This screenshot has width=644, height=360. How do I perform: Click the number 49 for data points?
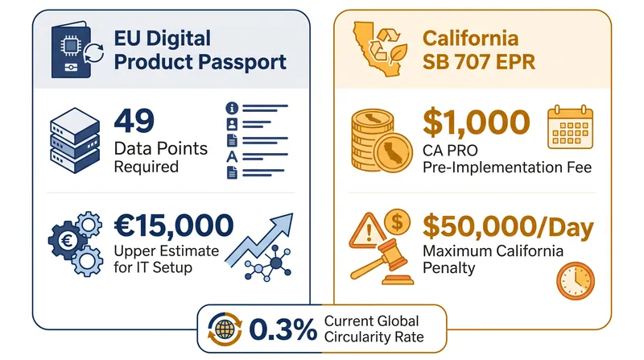134,121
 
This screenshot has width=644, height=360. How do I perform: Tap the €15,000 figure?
174,226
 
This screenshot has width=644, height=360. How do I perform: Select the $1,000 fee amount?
476,123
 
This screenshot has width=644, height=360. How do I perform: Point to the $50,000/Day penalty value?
508,226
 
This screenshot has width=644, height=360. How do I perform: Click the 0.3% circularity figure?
283,329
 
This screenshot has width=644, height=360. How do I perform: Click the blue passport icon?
71,50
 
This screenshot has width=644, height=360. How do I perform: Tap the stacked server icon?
75,140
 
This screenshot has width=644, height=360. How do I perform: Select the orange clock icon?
576,281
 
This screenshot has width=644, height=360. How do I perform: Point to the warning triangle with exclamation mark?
368,231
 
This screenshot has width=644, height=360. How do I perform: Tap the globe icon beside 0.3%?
225,329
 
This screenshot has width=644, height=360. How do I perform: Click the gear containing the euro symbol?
67,240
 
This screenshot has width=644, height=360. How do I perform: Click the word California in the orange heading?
470,39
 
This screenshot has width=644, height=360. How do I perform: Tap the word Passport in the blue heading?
243,63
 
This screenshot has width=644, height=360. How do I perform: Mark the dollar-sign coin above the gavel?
397,222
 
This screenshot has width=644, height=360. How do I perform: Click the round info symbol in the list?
232,108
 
